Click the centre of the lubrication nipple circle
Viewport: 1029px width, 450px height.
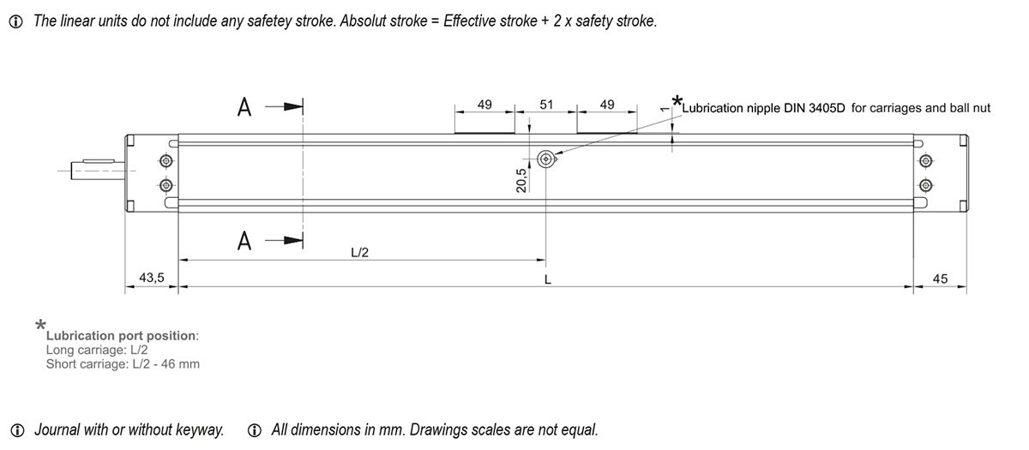(545, 159)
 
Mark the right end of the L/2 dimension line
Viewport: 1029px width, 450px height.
(545, 260)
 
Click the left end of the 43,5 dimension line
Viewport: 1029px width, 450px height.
(125, 286)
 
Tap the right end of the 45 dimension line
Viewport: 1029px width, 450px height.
(966, 286)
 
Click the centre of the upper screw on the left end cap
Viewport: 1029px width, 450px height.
(165, 161)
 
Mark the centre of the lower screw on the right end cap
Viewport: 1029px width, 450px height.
(925, 185)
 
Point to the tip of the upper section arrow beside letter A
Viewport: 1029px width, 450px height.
(302, 107)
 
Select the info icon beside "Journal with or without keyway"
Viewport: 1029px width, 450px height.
(17, 430)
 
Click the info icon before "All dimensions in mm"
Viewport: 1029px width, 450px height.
(254, 430)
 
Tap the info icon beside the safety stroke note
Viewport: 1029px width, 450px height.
(15, 21)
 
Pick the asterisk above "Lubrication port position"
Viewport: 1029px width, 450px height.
(40, 325)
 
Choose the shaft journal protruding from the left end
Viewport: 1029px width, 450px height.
(99, 170)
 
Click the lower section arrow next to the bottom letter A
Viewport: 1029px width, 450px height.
(284, 240)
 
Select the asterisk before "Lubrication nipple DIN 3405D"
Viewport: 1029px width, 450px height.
(677, 101)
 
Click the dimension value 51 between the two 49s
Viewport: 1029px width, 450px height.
(545, 105)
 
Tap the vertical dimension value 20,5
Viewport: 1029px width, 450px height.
(521, 180)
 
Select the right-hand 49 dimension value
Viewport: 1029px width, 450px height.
(607, 105)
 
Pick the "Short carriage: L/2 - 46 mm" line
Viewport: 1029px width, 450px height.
(123, 364)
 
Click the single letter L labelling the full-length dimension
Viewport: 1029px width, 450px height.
(547, 279)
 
